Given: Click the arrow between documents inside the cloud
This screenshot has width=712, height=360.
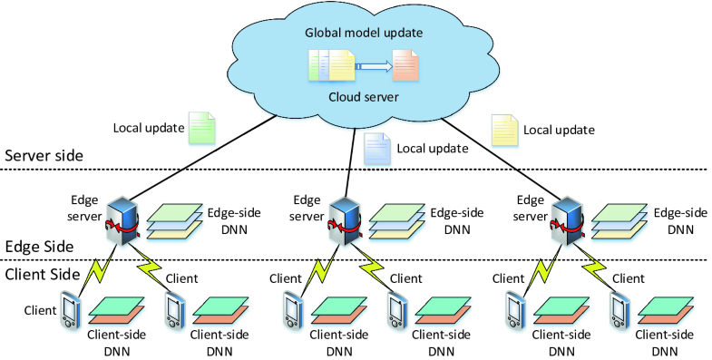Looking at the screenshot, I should click(374, 65).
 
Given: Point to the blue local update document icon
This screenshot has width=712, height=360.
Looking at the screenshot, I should click(376, 147).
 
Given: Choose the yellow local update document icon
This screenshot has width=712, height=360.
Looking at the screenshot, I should click(503, 129).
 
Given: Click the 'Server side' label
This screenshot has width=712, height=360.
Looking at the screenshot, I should click(44, 156).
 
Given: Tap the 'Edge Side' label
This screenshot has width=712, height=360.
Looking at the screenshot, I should click(37, 246).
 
